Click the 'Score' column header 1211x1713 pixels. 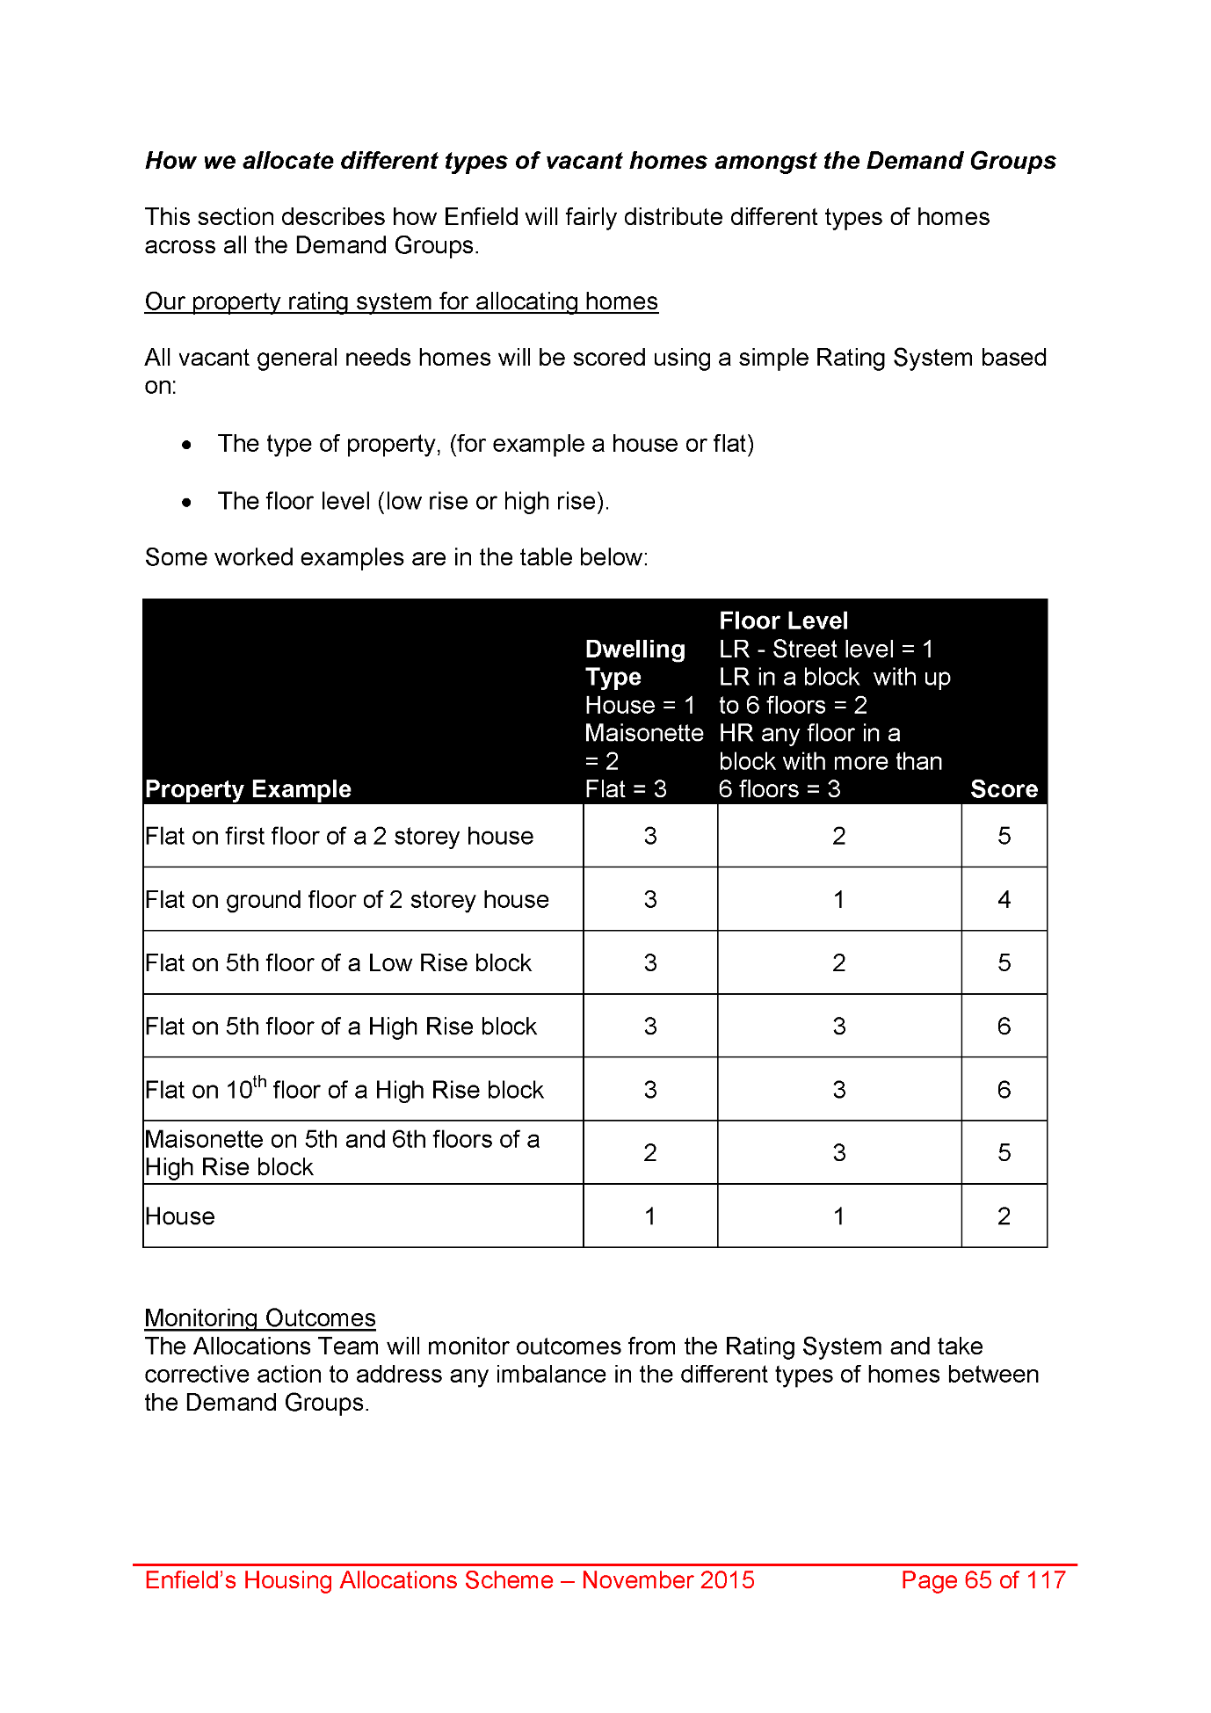pyautogui.click(x=1004, y=789)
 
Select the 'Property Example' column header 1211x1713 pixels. pyautogui.click(x=248, y=789)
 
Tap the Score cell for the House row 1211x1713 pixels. pyautogui.click(x=1004, y=1216)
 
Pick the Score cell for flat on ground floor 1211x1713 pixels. pyautogui.click(x=1004, y=899)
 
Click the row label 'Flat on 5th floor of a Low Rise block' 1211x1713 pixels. pyautogui.click(x=338, y=963)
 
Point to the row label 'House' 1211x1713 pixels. pyautogui.click(x=180, y=1216)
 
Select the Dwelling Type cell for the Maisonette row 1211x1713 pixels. pyautogui.click(x=649, y=1153)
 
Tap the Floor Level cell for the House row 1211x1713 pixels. pyautogui.click(x=838, y=1216)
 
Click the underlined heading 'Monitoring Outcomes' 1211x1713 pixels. pyautogui.click(x=260, y=1318)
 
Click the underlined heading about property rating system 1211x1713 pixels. pyautogui.click(x=401, y=301)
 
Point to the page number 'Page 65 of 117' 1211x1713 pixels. pyautogui.click(x=983, y=1580)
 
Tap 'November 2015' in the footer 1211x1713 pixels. pyautogui.click(x=668, y=1580)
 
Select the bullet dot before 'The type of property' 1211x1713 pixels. pyautogui.click(x=186, y=446)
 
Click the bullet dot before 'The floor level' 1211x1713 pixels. pyautogui.click(x=186, y=503)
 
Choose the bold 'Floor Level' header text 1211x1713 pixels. pyautogui.click(x=783, y=621)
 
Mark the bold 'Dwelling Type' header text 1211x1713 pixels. pyautogui.click(x=635, y=663)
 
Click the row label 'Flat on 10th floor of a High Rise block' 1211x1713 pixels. pyautogui.click(x=344, y=1090)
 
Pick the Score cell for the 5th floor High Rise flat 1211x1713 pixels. pyautogui.click(x=1004, y=1027)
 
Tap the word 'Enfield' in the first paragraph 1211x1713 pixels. pyautogui.click(x=481, y=217)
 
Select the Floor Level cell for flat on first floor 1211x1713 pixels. pyautogui.click(x=838, y=836)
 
